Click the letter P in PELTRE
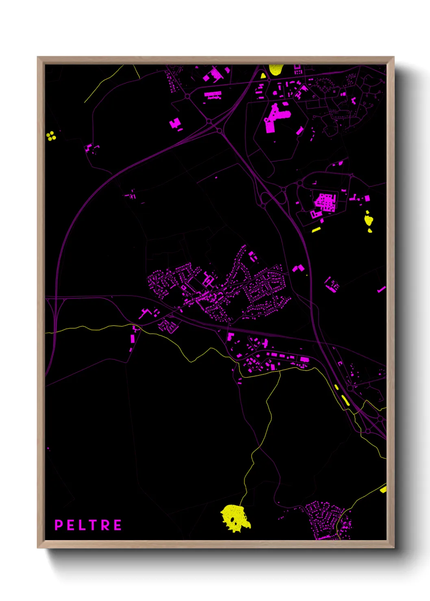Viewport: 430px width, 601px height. tap(59, 525)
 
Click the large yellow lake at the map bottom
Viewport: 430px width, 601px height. tap(235, 518)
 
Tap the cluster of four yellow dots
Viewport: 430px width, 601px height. tap(51, 136)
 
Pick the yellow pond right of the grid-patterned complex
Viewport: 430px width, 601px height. tap(368, 220)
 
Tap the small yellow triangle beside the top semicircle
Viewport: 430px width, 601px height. tap(263, 76)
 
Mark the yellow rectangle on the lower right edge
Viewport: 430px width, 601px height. tap(383, 489)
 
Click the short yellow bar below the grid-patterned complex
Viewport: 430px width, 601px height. tap(316, 230)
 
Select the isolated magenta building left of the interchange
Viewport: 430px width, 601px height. tap(175, 123)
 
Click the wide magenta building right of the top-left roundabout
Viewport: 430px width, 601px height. tap(213, 95)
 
